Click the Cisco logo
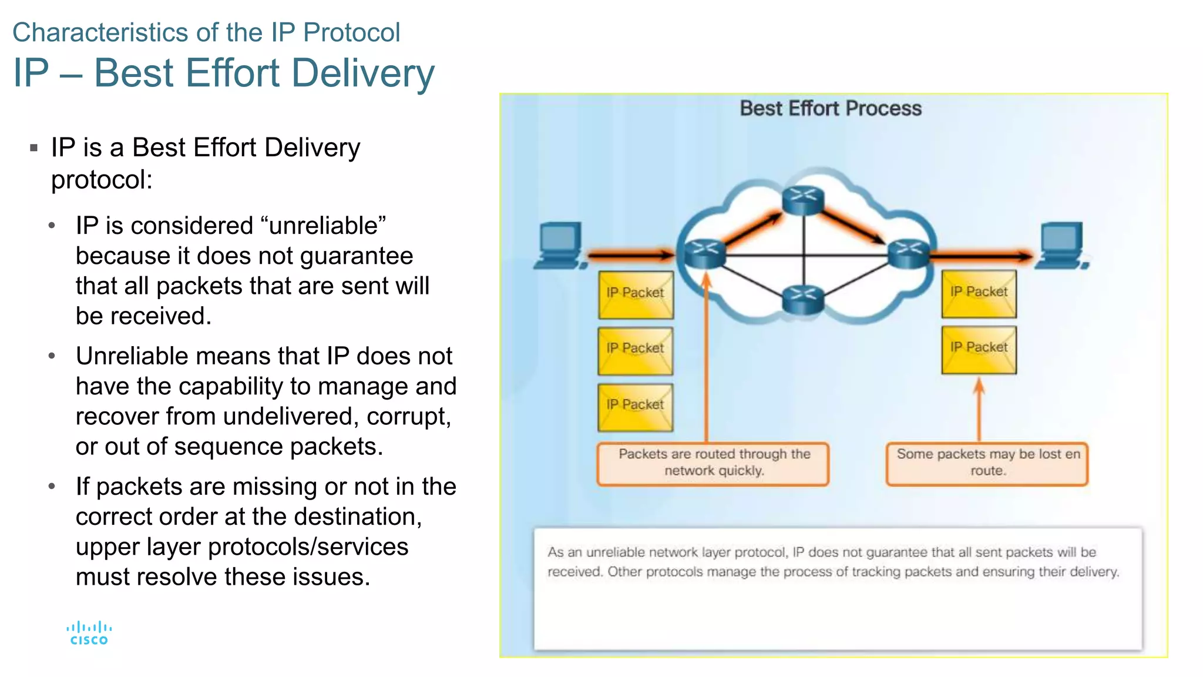[89, 634]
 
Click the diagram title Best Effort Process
[830, 109]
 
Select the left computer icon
[560, 245]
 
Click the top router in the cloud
[803, 200]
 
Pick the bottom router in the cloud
[803, 298]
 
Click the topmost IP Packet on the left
[636, 294]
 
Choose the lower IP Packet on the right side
[979, 349]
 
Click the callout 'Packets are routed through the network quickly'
[713, 463]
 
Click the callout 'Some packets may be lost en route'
[987, 463]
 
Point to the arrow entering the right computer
[981, 256]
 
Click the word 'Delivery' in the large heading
[362, 73]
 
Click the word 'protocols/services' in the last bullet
[308, 547]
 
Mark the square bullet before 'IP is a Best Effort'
[34, 148]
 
